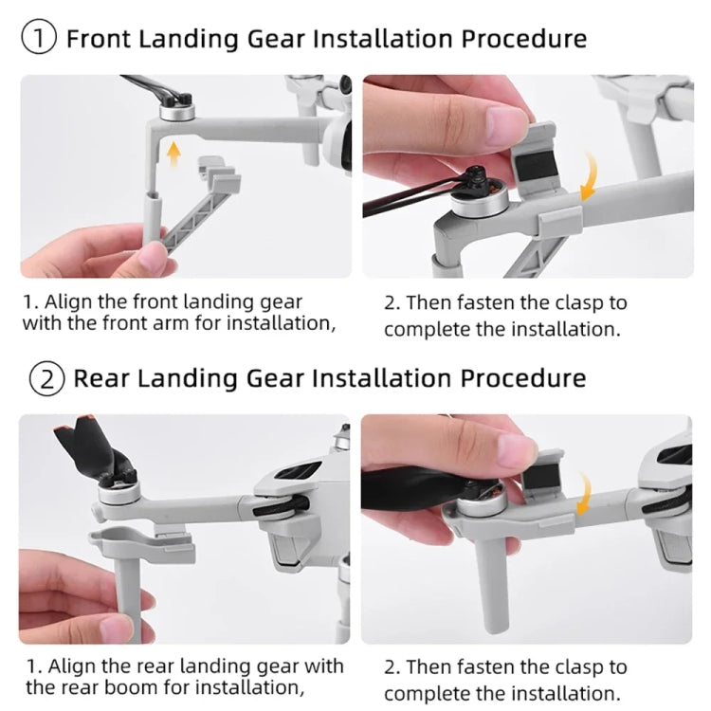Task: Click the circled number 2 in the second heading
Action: click(44, 377)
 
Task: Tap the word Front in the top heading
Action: click(105, 39)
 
